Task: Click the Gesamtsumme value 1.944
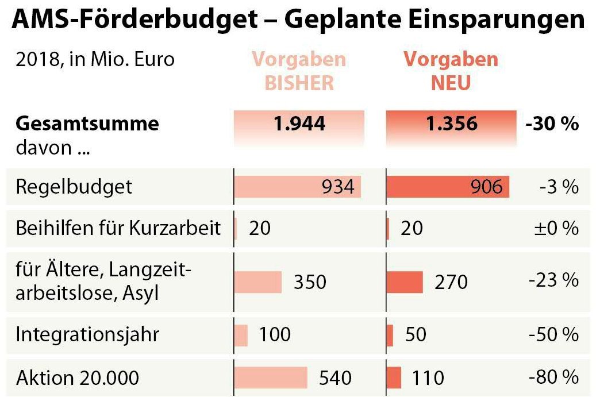pos(299,124)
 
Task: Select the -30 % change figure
pos(551,124)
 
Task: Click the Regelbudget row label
pos(74,187)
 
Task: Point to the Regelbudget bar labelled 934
pos(297,187)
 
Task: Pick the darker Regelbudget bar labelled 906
pos(448,187)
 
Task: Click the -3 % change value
pos(559,187)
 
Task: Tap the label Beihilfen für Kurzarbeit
pos(118,229)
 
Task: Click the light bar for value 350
pos(258,282)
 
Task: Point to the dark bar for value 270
pos(405,282)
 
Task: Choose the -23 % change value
pos(553,280)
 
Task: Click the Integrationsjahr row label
pos(87,334)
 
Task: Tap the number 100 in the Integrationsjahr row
pos(275,334)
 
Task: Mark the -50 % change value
pos(553,334)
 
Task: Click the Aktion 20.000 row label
pos(78,377)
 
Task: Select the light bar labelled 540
pos(271,377)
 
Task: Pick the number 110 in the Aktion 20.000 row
pos(428,377)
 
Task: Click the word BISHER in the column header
pos(299,83)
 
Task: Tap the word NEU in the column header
pos(451,83)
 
